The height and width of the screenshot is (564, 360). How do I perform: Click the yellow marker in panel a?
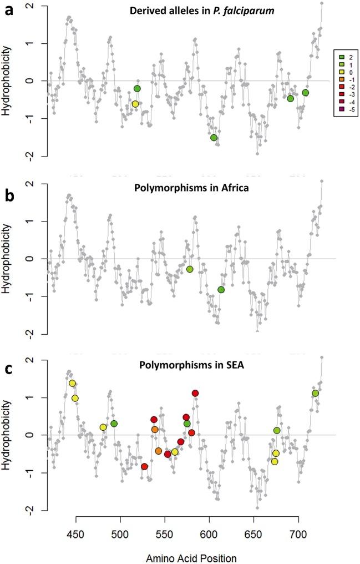135,104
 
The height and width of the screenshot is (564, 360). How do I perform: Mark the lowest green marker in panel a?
214,138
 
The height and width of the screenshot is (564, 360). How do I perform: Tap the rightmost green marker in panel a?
305,93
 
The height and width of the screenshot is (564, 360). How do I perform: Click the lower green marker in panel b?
221,290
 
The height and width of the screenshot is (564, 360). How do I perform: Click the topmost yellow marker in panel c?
72,383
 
